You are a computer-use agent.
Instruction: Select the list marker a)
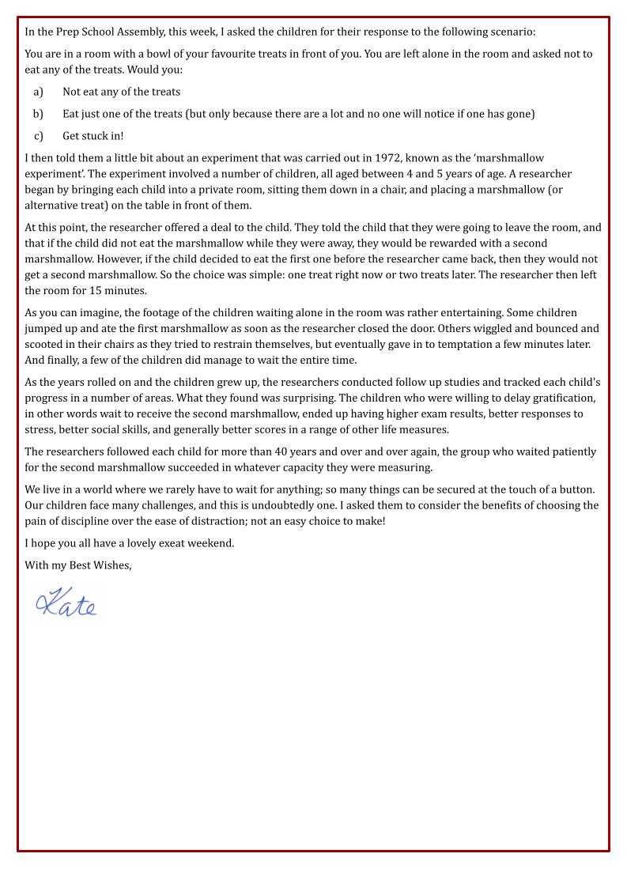pyautogui.click(x=38, y=92)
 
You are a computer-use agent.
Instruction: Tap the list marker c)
pyautogui.click(x=38, y=136)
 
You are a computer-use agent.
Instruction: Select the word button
pyautogui.click(x=575, y=489)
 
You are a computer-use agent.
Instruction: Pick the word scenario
pyautogui.click(x=511, y=32)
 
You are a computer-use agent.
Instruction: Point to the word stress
pyautogui.click(x=40, y=430)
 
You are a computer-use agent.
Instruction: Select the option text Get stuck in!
pyautogui.click(x=93, y=136)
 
